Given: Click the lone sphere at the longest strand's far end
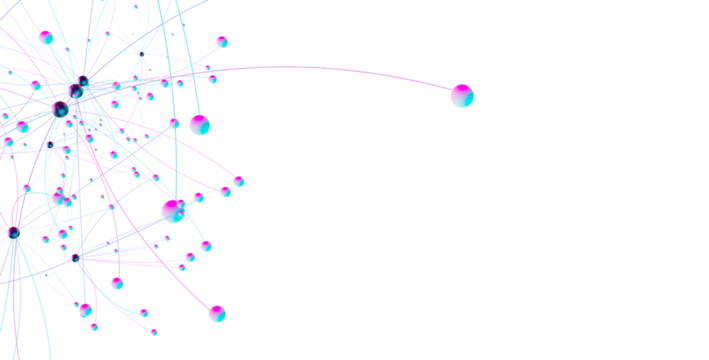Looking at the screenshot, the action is pyautogui.click(x=462, y=96).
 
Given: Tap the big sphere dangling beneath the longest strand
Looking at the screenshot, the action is pyautogui.click(x=200, y=125).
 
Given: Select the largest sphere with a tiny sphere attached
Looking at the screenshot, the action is pyautogui.click(x=173, y=210).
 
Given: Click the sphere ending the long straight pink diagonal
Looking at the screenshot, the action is pyautogui.click(x=217, y=313).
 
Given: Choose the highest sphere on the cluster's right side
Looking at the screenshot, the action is pyautogui.click(x=221, y=41).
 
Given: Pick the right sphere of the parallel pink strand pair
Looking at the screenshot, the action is pyautogui.click(x=239, y=181).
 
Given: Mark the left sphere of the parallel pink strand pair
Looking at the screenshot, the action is pyautogui.click(x=226, y=191).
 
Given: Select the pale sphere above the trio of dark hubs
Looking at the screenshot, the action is pyautogui.click(x=46, y=37).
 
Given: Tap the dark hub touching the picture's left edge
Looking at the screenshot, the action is pyautogui.click(x=12, y=233).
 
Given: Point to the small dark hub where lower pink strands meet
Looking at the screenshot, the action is pyautogui.click(x=75, y=258).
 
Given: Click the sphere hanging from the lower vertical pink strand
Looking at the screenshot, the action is pyautogui.click(x=117, y=283).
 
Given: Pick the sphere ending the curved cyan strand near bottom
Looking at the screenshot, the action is pyautogui.click(x=144, y=313).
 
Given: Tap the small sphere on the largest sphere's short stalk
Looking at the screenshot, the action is pyautogui.click(x=198, y=197).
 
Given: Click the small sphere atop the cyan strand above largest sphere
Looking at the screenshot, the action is pyautogui.click(x=174, y=123).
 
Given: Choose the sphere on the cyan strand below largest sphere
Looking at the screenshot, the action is pyautogui.click(x=206, y=246).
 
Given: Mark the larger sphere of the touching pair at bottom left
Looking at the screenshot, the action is pyautogui.click(x=86, y=310).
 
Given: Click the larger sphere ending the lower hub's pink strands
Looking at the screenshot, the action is pyautogui.click(x=190, y=257).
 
